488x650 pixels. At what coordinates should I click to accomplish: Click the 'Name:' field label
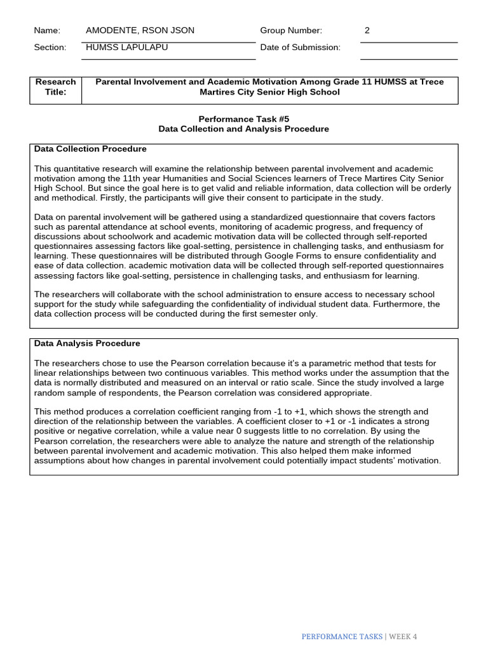pyautogui.click(x=47, y=30)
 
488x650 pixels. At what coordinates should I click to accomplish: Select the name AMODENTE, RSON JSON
pyautogui.click(x=140, y=30)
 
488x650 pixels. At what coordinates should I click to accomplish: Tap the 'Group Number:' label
pyautogui.click(x=291, y=30)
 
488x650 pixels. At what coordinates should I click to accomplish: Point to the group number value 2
pyautogui.click(x=367, y=30)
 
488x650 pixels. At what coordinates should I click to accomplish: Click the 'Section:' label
pyautogui.click(x=50, y=48)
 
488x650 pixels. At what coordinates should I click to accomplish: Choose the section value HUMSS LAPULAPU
pyautogui.click(x=127, y=48)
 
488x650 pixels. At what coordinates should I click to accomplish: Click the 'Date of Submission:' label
pyautogui.click(x=300, y=48)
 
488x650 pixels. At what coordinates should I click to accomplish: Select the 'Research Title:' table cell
pyautogui.click(x=55, y=87)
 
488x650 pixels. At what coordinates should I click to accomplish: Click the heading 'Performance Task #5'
pyautogui.click(x=244, y=119)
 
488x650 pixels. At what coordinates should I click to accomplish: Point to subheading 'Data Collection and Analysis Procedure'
pyautogui.click(x=244, y=129)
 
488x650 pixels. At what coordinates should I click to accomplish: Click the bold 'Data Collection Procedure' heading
pyautogui.click(x=90, y=149)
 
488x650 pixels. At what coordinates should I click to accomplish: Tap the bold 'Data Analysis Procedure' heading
pyautogui.click(x=87, y=343)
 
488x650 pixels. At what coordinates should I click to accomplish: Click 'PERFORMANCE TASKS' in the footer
pyautogui.click(x=342, y=637)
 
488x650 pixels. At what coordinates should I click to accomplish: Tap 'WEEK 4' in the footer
pyautogui.click(x=403, y=637)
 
